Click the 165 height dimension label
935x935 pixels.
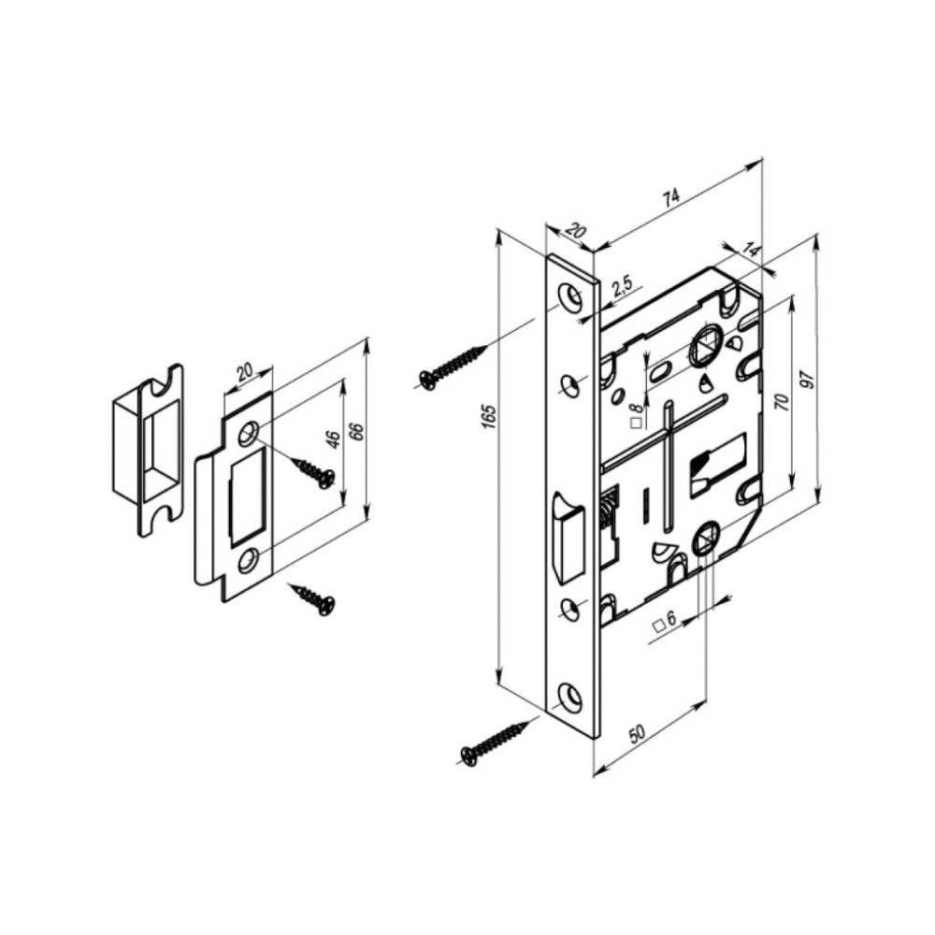(489, 417)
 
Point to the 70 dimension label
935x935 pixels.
(782, 403)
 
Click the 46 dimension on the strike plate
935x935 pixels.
(334, 440)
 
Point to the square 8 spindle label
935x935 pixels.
(637, 414)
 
